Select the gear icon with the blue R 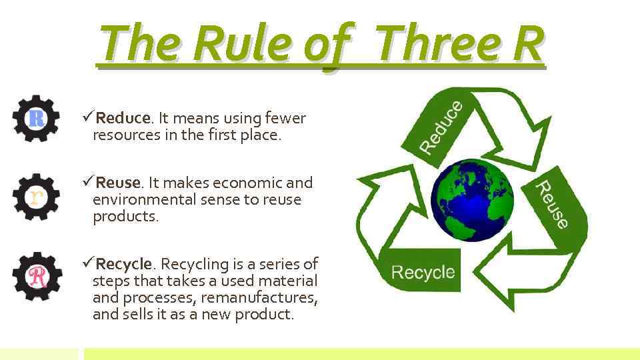36,119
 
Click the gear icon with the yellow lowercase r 36,196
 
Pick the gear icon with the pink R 36,275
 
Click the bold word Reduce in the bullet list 123,119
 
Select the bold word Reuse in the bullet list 118,183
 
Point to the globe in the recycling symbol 473,199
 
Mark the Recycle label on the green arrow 423,272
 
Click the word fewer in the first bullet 285,119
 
